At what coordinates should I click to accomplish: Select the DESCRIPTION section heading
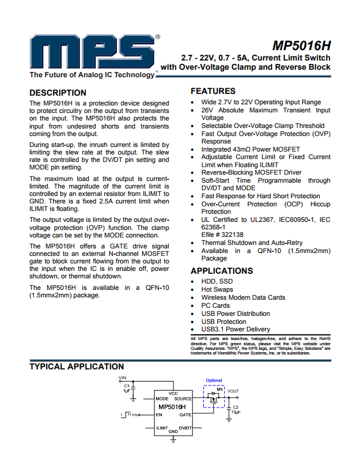[58, 93]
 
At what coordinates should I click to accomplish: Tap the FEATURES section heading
[213, 91]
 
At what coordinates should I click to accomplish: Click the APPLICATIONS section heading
[222, 271]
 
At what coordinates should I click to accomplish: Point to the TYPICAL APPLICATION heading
[77, 367]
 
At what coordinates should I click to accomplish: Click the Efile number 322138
[222, 235]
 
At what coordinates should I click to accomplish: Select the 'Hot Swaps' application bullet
[217, 289]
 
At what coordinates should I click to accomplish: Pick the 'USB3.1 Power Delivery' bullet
[236, 329]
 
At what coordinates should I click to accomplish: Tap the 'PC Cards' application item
[215, 305]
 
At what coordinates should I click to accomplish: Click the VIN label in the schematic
[122, 378]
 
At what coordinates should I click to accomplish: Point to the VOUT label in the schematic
[233, 391]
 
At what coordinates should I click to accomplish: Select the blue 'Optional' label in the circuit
[214, 380]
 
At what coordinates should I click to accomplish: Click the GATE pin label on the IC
[185, 415]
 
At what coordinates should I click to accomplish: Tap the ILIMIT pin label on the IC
[162, 428]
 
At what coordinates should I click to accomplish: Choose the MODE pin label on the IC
[162, 399]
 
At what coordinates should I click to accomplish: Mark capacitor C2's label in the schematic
[236, 407]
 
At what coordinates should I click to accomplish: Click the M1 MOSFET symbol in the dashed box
[215, 397]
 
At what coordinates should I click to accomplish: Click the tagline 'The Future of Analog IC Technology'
[92, 75]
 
